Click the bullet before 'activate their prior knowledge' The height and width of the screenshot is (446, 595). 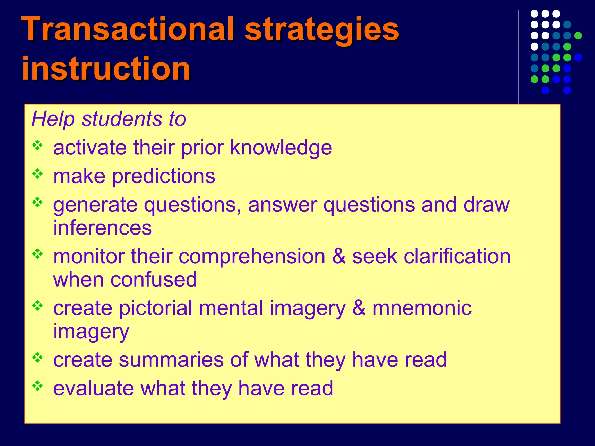click(37, 145)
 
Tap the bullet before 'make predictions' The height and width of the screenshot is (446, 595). click(37, 174)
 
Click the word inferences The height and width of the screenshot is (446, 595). click(102, 228)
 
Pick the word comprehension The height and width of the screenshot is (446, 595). click(252, 257)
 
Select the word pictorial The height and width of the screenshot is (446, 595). click(156, 308)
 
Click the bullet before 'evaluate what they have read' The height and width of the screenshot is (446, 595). click(37, 386)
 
